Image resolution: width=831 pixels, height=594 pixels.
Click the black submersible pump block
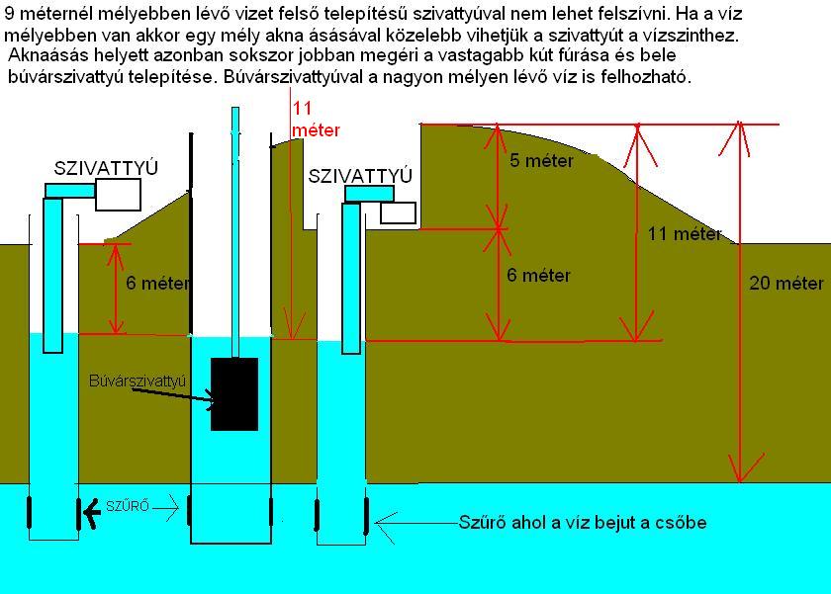coord(234,393)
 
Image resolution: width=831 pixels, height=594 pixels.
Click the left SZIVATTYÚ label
coord(107,169)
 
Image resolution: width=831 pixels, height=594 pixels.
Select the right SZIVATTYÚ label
coord(360,176)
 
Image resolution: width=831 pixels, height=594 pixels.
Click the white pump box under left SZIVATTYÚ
coord(117,195)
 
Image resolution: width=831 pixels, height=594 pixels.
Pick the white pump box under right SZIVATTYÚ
coord(398,212)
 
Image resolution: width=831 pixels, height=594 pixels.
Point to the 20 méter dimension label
coord(786,284)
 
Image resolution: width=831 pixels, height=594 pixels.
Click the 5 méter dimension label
coord(541,161)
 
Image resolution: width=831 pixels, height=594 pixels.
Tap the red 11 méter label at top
coord(316,120)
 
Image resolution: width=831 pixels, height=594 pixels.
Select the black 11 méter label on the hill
coord(685,234)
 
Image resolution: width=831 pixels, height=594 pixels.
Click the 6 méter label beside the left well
coord(158,284)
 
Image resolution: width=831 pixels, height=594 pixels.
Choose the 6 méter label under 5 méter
coord(538,276)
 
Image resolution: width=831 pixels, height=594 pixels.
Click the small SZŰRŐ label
coord(127,507)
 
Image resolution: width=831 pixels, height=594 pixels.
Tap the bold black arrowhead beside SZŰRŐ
coord(92,511)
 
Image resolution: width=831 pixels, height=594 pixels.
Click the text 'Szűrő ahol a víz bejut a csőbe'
coord(582,522)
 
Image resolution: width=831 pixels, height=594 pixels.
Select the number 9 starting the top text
coord(10,14)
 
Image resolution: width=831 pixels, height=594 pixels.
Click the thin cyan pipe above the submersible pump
coord(234,227)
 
